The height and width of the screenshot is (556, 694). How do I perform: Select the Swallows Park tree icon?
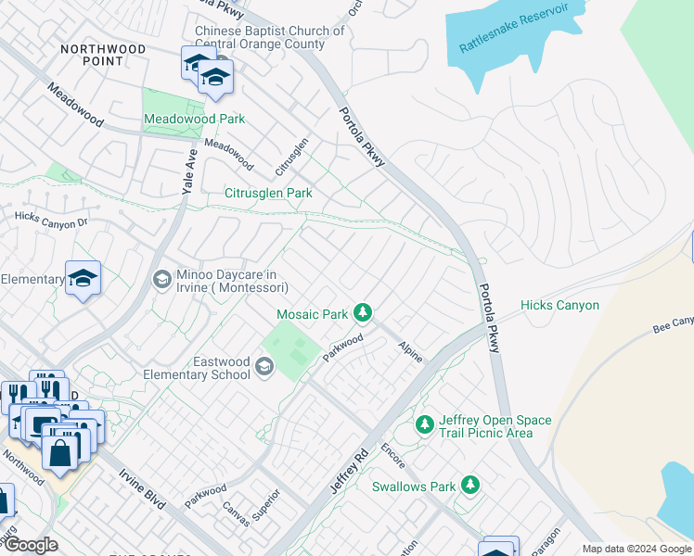(x=471, y=485)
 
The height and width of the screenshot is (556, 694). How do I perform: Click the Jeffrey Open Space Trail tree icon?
(x=425, y=424)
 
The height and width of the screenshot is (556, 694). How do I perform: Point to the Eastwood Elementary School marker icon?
(x=264, y=368)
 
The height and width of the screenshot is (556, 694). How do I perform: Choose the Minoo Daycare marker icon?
(x=161, y=279)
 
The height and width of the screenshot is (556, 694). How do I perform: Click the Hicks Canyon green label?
(x=559, y=305)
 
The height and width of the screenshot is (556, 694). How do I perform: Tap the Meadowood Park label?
(x=194, y=120)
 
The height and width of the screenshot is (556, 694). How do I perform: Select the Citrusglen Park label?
(x=268, y=193)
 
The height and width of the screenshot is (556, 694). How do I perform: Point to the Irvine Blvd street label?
(x=142, y=489)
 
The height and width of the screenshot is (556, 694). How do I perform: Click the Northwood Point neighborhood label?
(x=103, y=55)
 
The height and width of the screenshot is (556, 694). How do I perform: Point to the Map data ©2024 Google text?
(x=636, y=549)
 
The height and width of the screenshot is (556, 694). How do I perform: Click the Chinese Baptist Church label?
(x=269, y=37)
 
